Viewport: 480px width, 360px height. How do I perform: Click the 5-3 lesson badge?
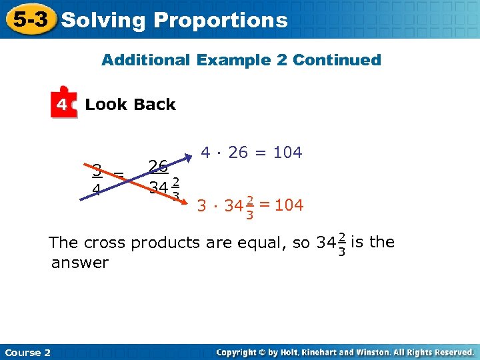pos(31,20)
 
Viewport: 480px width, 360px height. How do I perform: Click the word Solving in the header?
pos(102,21)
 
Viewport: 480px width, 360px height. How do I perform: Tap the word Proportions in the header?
pos(221,21)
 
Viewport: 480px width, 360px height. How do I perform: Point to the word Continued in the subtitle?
pos(337,60)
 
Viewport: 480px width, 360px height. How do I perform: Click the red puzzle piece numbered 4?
pos(63,103)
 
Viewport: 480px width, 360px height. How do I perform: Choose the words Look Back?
pos(131,105)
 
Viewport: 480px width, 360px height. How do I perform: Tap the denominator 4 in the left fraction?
pos(97,190)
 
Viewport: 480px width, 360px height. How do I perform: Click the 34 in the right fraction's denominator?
pos(159,187)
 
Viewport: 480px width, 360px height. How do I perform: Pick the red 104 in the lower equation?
pos(289,205)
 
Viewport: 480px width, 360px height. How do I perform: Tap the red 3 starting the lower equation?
pos(201,206)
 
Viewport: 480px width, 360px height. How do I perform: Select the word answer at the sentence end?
pos(79,263)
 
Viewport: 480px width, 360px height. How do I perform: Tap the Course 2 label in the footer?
pos(27,352)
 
